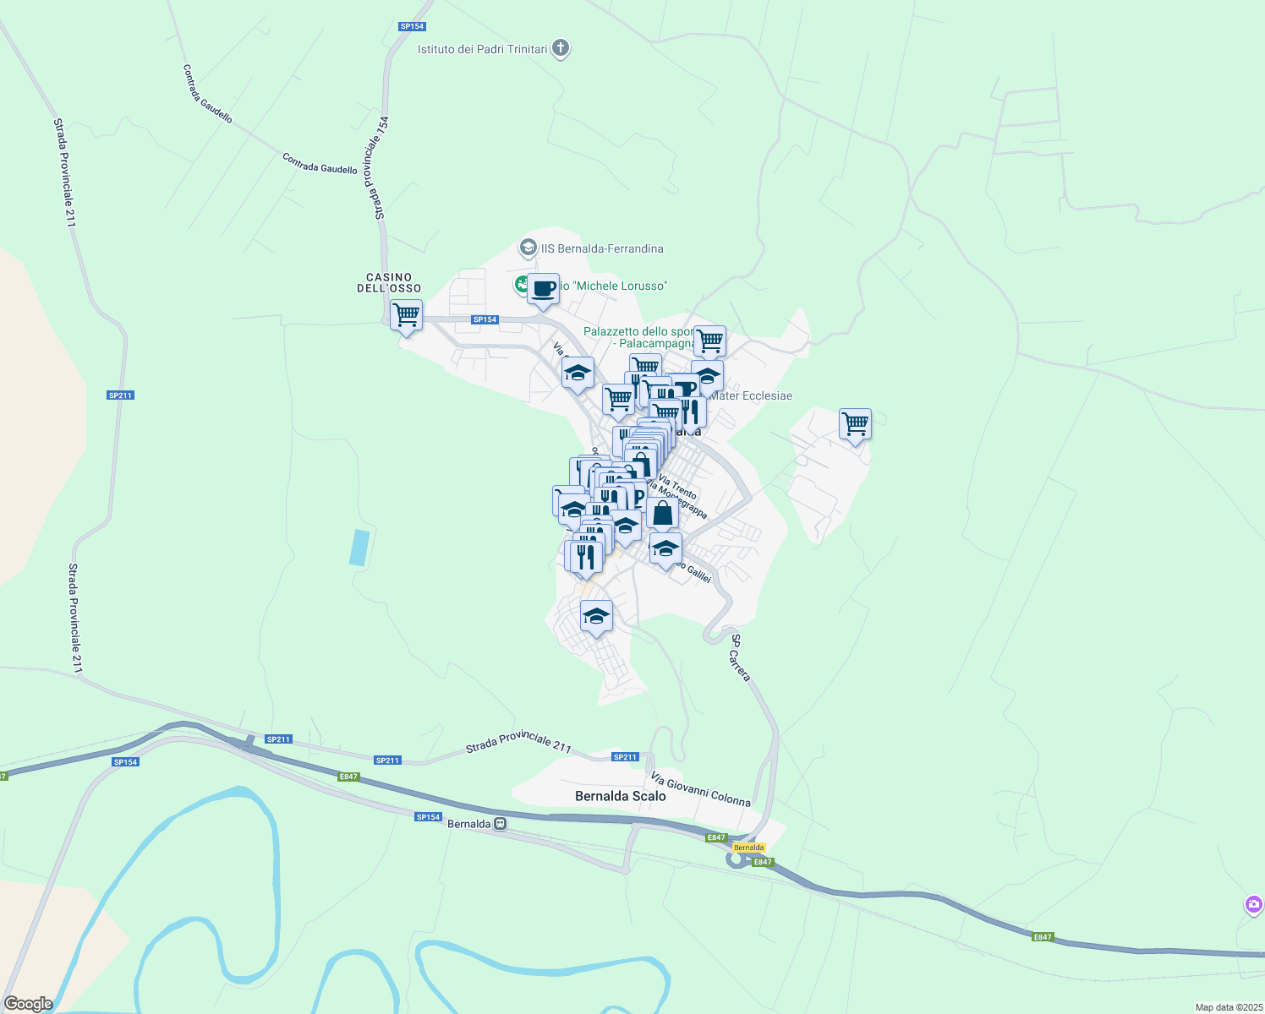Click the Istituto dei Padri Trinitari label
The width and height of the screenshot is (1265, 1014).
click(482, 49)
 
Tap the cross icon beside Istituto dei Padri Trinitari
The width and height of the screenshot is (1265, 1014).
click(560, 48)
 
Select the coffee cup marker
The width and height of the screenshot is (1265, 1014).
click(544, 289)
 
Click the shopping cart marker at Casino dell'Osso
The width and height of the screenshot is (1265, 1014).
click(407, 315)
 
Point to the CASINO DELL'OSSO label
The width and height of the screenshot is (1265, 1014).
click(389, 282)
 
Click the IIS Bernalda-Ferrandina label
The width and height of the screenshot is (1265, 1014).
click(602, 248)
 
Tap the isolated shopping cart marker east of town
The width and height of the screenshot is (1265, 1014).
click(856, 424)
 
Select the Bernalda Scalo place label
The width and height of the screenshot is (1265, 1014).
click(620, 796)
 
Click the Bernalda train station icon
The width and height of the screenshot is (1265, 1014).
click(501, 824)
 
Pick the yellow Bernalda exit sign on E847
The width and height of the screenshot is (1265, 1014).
click(748, 848)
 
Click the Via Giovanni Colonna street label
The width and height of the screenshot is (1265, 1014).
click(700, 789)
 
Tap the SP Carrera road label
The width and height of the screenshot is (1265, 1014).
click(740, 657)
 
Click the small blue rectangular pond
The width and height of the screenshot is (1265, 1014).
click(359, 548)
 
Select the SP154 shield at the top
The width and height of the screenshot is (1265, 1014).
click(412, 26)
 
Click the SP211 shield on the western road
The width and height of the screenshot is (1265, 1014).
click(121, 395)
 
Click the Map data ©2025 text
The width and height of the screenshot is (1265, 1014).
click(1228, 1007)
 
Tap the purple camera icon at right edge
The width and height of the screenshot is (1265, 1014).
click(1254, 904)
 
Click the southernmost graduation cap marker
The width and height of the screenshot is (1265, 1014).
click(596, 616)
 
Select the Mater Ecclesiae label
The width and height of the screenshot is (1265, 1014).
click(751, 395)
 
